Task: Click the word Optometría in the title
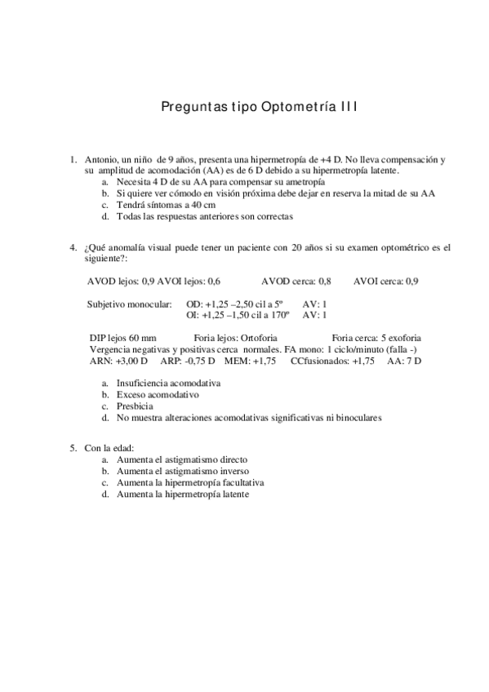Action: pos(282,107)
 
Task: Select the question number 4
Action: pos(73,246)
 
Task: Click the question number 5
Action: pos(73,447)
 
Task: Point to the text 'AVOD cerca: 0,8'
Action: pos(296,281)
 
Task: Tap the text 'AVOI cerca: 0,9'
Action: pos(386,281)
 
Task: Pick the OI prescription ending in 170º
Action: pos(242,314)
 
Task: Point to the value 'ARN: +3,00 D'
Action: pos(118,360)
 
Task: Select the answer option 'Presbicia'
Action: pos(135,406)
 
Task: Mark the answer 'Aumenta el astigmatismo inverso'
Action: pos(183,471)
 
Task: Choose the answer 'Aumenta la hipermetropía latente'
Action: pos(183,494)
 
